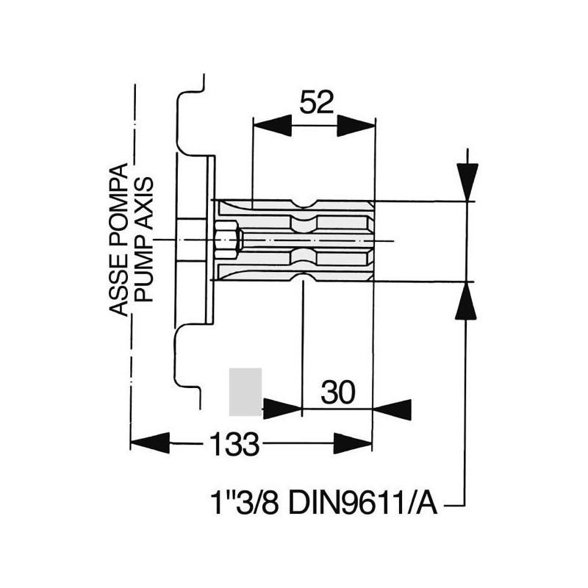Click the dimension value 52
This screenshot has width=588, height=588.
(317, 102)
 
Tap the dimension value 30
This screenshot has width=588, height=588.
(337, 392)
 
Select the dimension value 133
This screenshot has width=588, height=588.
(234, 444)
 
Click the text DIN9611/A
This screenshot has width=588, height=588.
(363, 503)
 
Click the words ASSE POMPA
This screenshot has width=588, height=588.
(118, 240)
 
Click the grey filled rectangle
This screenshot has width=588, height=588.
(245, 392)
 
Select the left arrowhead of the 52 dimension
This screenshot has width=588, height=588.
(273, 126)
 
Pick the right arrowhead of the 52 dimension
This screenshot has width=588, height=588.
(356, 126)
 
